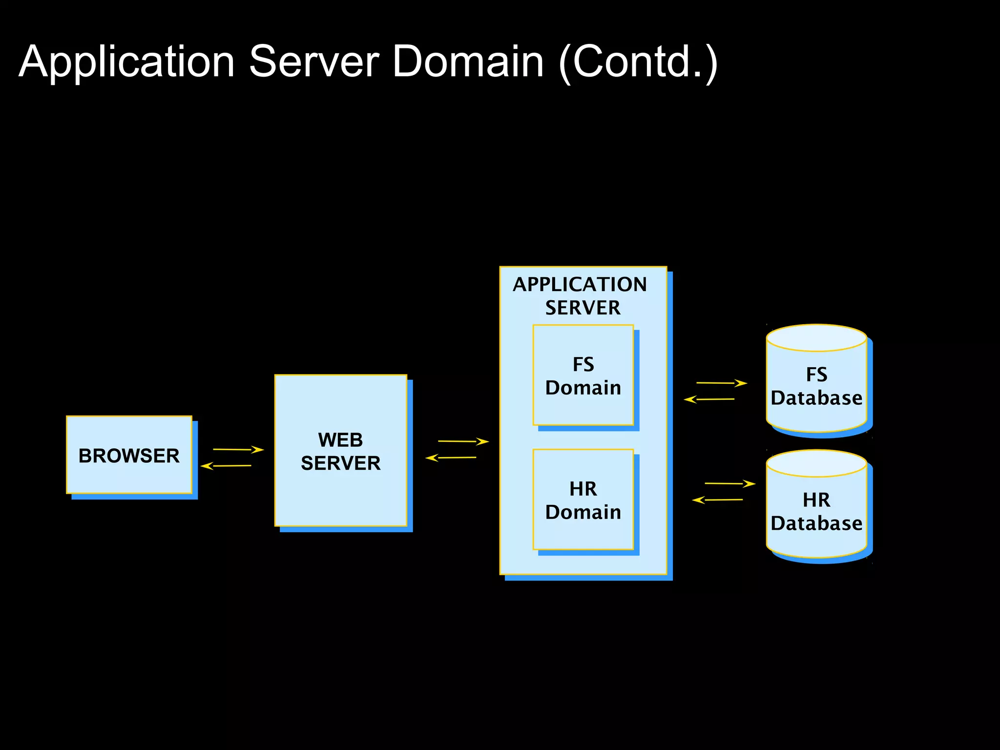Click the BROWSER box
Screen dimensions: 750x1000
(x=129, y=455)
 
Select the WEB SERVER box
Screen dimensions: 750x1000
(x=340, y=451)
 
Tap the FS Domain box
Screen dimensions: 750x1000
(x=583, y=375)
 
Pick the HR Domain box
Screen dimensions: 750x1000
(x=583, y=500)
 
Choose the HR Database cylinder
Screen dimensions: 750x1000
(x=816, y=512)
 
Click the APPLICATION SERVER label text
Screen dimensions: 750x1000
(x=580, y=295)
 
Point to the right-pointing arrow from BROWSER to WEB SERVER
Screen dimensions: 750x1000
(x=238, y=449)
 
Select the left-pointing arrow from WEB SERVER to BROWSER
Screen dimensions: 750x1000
(x=226, y=466)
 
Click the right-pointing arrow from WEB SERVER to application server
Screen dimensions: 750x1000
(x=463, y=441)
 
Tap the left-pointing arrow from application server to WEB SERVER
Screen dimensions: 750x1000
(x=451, y=458)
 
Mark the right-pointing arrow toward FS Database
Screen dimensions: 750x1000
(x=722, y=383)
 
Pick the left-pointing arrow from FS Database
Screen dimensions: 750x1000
(x=709, y=399)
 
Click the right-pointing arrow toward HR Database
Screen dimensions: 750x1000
(x=730, y=483)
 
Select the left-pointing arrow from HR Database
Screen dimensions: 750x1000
(x=717, y=500)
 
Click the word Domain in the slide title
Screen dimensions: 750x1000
(x=467, y=62)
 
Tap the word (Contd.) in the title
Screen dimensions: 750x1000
(x=638, y=62)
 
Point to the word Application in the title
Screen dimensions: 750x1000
(x=127, y=62)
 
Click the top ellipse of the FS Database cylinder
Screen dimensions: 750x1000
(x=816, y=338)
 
